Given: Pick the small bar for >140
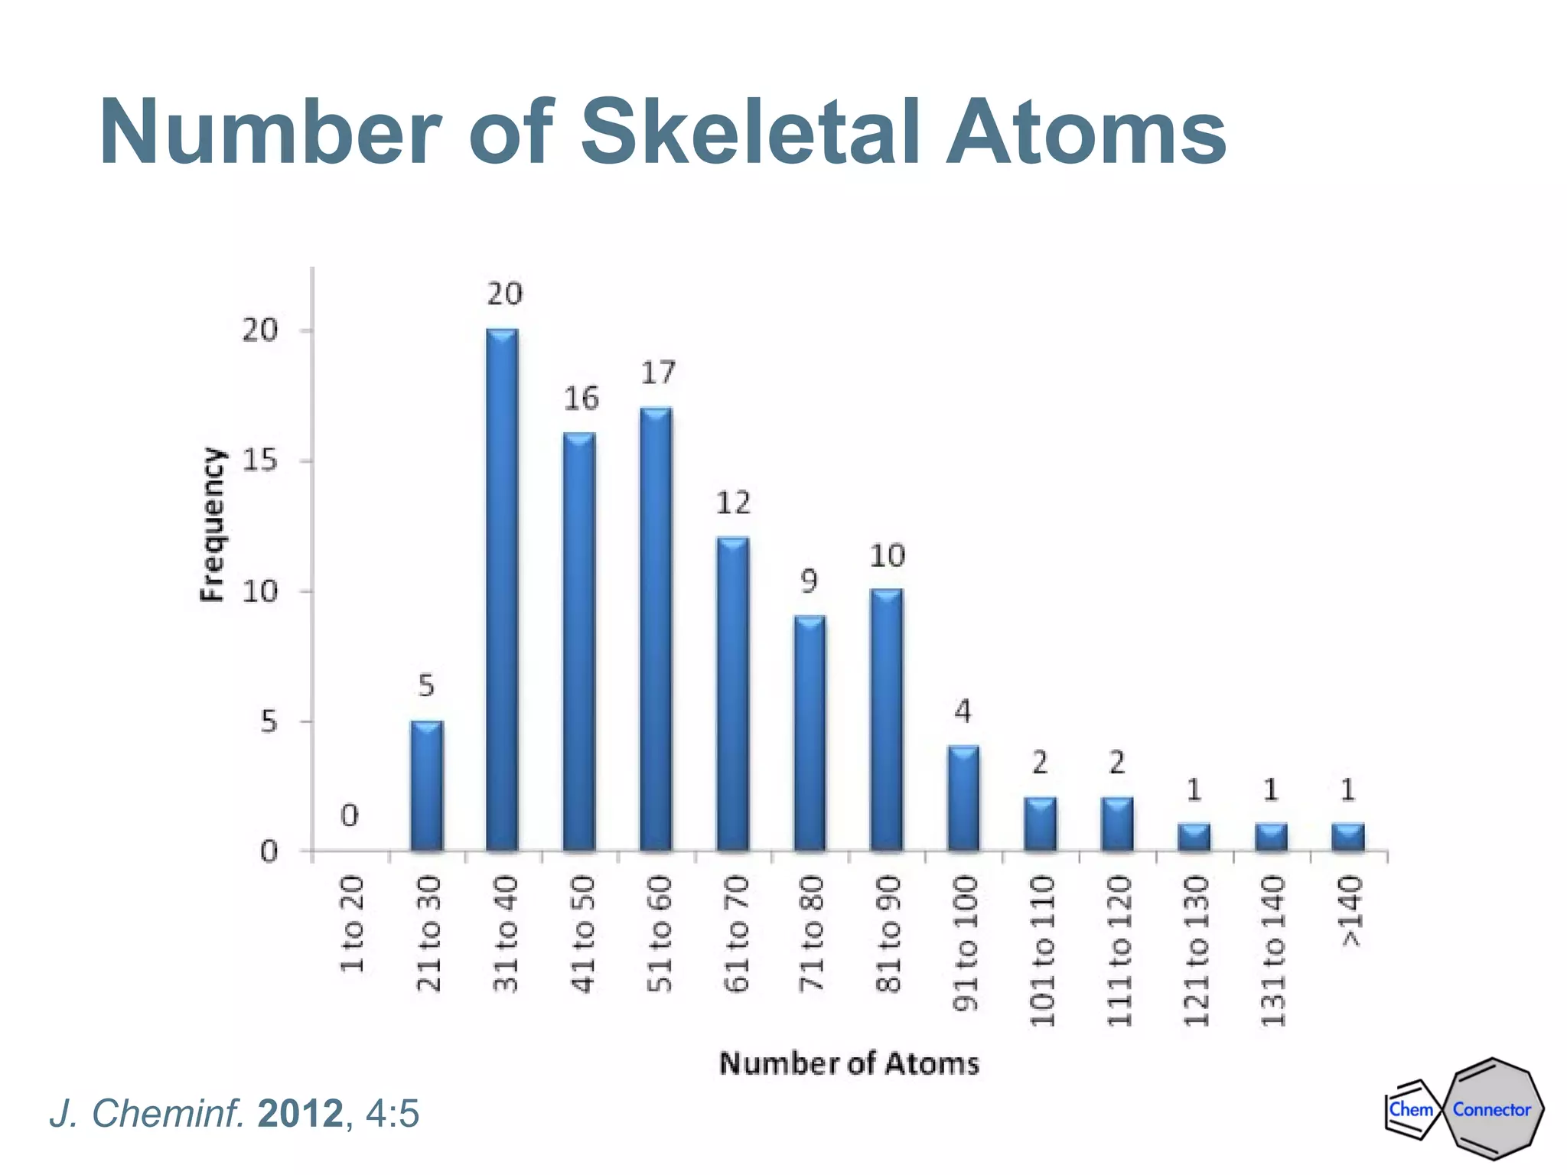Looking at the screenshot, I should coord(1348,838).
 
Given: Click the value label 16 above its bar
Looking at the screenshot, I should coord(582,399).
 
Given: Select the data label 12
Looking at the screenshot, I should coord(733,503).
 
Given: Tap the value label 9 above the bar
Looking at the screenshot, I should coord(810,582).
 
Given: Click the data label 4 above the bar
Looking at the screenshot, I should coord(963,712).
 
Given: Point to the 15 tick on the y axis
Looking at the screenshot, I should coord(259,461).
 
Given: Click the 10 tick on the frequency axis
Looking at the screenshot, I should coord(259,591).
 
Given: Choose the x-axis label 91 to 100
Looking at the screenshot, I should coord(966,943).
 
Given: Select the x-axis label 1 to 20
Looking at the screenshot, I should coord(352,925).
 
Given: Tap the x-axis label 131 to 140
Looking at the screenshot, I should coord(1272,952).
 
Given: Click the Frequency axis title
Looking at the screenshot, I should coord(213,525).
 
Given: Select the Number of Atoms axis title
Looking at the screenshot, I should coord(849,1064).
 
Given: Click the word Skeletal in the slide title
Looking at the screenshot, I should coord(750,133).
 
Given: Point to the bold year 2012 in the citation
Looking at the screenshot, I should coord(300,1114).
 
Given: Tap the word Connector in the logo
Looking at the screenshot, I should coord(1491,1110).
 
